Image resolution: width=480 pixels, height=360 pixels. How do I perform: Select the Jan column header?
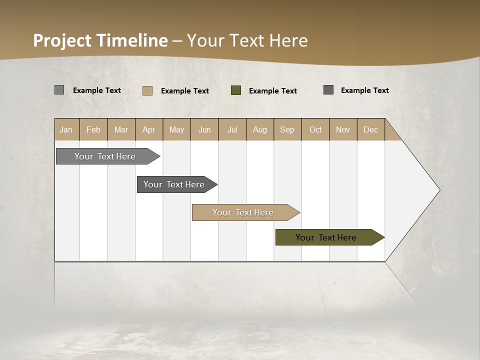point(66,129)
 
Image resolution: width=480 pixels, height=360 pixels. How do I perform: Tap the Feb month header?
point(93,129)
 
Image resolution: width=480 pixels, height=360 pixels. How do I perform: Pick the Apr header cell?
point(148,129)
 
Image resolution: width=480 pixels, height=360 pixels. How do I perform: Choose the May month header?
point(176,129)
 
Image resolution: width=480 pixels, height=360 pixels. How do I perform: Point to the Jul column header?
point(232,129)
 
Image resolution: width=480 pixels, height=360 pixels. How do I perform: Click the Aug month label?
point(259,129)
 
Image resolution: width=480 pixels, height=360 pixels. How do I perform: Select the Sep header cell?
point(287,129)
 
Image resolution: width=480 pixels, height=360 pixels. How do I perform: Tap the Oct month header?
point(315,129)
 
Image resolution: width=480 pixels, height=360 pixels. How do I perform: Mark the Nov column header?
point(342,129)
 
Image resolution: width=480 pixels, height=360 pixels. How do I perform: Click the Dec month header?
point(370,129)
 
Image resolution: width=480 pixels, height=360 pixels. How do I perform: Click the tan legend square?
point(147,90)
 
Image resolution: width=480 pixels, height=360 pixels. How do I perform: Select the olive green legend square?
point(236,90)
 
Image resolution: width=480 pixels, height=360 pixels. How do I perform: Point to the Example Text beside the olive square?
point(272,91)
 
